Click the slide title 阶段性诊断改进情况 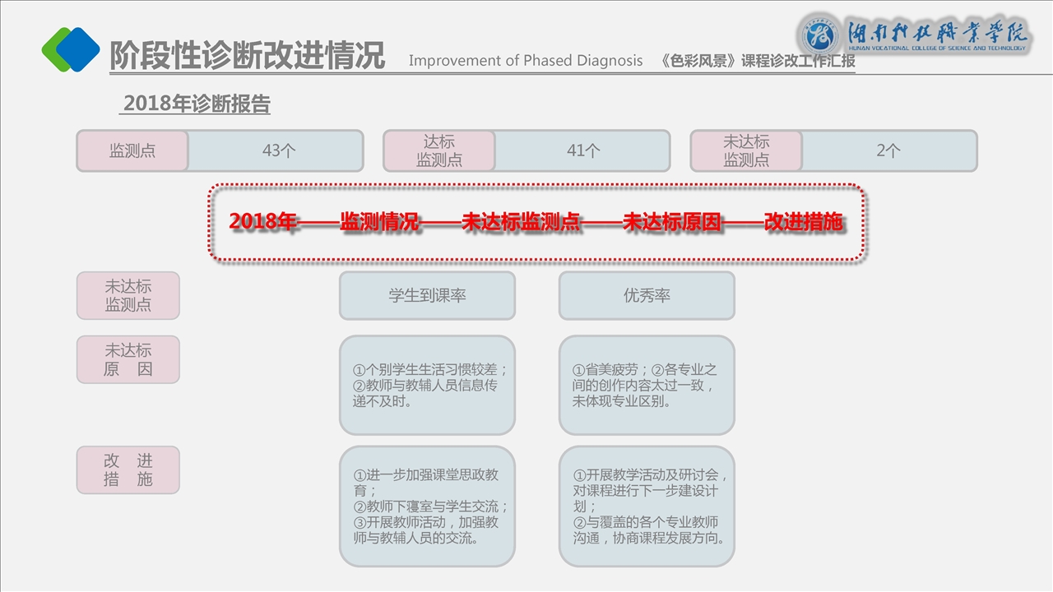coord(247,55)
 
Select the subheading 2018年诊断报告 coord(196,104)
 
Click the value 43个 coord(279,151)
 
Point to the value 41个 coord(583,151)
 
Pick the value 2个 coord(888,151)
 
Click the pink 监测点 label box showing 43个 coord(132,151)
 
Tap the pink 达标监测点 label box coord(439,151)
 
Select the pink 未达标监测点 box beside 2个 coord(746,151)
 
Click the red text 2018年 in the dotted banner coord(262,222)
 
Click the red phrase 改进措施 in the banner coord(804,222)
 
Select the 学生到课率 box coord(427,296)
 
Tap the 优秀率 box coord(647,296)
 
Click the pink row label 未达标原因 coord(128,359)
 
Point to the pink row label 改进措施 coord(128,470)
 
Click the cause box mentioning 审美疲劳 coord(647,385)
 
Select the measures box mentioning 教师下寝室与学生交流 coord(427,506)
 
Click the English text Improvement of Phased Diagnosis coord(526,61)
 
